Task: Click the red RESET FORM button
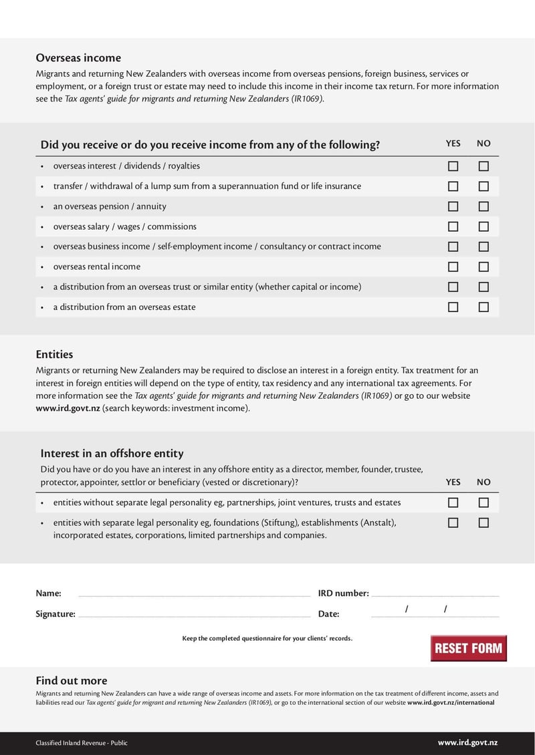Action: point(468,648)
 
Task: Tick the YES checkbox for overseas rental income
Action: point(453,267)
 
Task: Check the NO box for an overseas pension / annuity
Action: point(484,207)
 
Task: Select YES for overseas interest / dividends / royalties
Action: point(453,166)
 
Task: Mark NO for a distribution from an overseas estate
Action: point(484,307)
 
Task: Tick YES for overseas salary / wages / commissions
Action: point(453,227)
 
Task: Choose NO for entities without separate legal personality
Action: point(484,502)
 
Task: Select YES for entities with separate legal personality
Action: point(453,522)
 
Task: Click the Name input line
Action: point(194,593)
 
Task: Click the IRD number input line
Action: point(435,593)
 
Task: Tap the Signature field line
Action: point(194,613)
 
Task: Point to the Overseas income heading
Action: point(78,58)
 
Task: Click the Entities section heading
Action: point(54,354)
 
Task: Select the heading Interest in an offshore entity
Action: point(112,454)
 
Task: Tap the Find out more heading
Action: point(71,681)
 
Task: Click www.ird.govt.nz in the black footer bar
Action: point(467,742)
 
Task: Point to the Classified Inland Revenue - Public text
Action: point(82,743)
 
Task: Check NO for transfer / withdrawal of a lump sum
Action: point(484,186)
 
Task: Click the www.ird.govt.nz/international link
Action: point(451,703)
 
